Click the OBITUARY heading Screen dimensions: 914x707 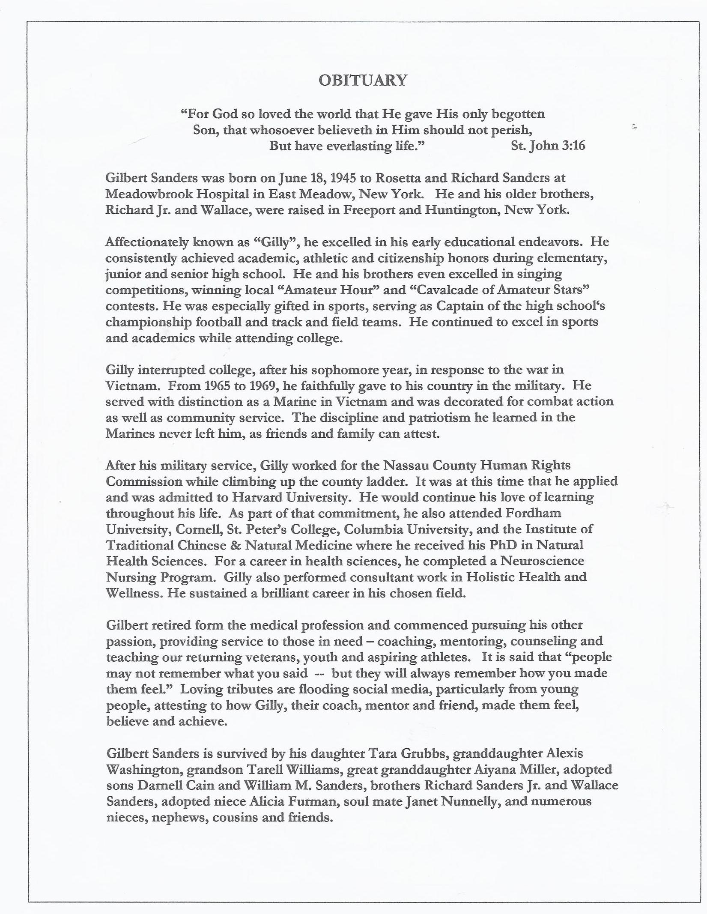coord(363,81)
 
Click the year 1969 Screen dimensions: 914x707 coord(262,386)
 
